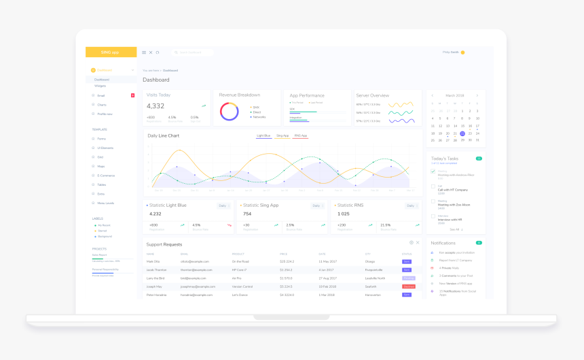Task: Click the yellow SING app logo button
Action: click(x=111, y=52)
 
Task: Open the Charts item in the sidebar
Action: click(x=102, y=105)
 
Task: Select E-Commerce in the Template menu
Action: click(x=106, y=176)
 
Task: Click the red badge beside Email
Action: click(x=133, y=95)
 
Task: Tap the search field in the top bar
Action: click(x=194, y=52)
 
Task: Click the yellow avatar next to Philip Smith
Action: click(x=462, y=52)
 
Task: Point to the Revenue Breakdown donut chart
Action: click(x=230, y=111)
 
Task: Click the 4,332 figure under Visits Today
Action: click(x=156, y=106)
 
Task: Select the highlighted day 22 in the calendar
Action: click(x=462, y=133)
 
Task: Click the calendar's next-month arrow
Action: click(x=477, y=95)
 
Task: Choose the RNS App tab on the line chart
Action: click(x=301, y=136)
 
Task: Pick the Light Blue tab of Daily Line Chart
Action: click(x=263, y=136)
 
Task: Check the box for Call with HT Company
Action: click(x=433, y=186)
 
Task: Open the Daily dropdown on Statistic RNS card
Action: click(x=412, y=206)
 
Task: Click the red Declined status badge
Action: click(x=409, y=287)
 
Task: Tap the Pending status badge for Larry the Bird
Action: click(x=409, y=278)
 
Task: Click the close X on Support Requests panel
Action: click(x=418, y=243)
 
